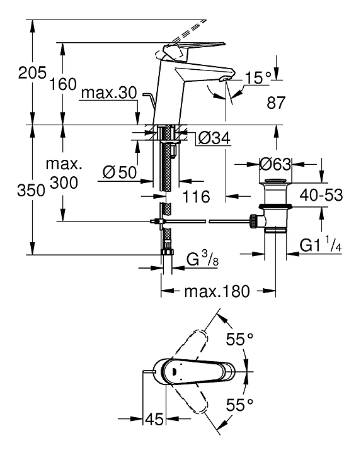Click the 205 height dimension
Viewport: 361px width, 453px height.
pyautogui.click(x=32, y=72)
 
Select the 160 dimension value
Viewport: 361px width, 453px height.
pyautogui.click(x=63, y=84)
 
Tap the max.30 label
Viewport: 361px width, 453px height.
pyautogui.click(x=109, y=93)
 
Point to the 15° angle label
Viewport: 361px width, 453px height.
pyautogui.click(x=258, y=77)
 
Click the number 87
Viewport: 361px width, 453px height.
pyautogui.click(x=276, y=103)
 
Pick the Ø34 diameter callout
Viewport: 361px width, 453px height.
pyautogui.click(x=214, y=138)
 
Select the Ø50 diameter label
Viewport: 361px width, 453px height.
pyautogui.click(x=119, y=172)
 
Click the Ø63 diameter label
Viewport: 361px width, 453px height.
pyautogui.click(x=275, y=164)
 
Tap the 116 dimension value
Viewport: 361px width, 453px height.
pyautogui.click(x=196, y=197)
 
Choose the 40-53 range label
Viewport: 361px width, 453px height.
pyautogui.click(x=321, y=194)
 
